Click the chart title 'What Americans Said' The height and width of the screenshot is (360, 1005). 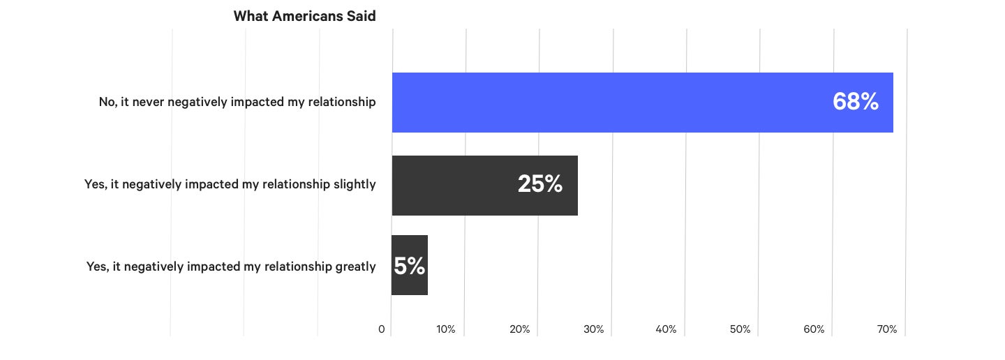pos(304,16)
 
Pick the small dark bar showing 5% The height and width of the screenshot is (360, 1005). pos(409,265)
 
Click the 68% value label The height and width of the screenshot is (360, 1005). pos(855,102)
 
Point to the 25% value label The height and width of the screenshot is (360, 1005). pos(539,184)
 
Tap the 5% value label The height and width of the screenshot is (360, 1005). pos(409,266)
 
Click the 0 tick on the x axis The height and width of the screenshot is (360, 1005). pos(382,329)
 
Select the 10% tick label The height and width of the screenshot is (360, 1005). pos(446,329)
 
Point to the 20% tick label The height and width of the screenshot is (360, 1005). pos(520,329)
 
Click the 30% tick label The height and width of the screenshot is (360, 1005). pos(593,329)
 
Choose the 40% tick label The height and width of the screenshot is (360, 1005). pos(667,329)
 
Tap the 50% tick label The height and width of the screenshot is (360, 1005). pos(740,329)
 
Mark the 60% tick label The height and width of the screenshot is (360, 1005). pos(814,329)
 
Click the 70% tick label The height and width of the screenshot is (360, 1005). pos(887,329)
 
